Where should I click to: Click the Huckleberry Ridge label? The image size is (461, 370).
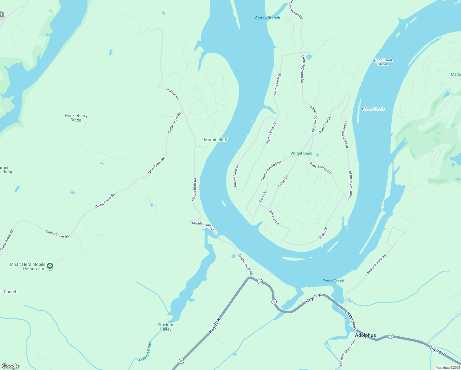pyautogui.click(x=76, y=118)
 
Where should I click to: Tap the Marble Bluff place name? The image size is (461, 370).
pyautogui.click(x=216, y=140)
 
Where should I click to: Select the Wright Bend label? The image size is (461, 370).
pyautogui.click(x=301, y=153)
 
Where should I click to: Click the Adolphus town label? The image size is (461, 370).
pyautogui.click(x=365, y=335)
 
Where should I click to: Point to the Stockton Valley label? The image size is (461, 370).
pyautogui.click(x=166, y=327)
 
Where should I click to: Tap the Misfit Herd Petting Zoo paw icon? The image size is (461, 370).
pyautogui.click(x=50, y=266)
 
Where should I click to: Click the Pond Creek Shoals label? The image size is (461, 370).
pyautogui.click(x=383, y=62)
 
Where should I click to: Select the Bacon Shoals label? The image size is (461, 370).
pyautogui.click(x=373, y=109)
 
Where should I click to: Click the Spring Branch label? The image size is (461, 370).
pyautogui.click(x=267, y=18)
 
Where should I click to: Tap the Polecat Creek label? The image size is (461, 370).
pyautogui.click(x=145, y=351)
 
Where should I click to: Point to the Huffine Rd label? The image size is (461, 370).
pyautogui.click(x=173, y=94)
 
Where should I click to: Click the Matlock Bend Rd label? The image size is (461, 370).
pyautogui.click(x=376, y=264)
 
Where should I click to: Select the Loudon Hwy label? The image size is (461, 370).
pyautogui.click(x=351, y=320)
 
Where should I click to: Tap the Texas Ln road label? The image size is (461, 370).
pyautogui.click(x=263, y=196)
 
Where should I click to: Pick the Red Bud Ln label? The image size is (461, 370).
pyautogui.click(x=274, y=217)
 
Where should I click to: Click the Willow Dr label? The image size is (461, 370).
pyautogui.click(x=323, y=233)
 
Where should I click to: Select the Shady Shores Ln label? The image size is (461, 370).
pyautogui.click(x=320, y=167)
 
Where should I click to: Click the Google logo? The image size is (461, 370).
pyautogui.click(x=10, y=366)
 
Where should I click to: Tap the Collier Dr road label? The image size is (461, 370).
pyautogui.click(x=283, y=181)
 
